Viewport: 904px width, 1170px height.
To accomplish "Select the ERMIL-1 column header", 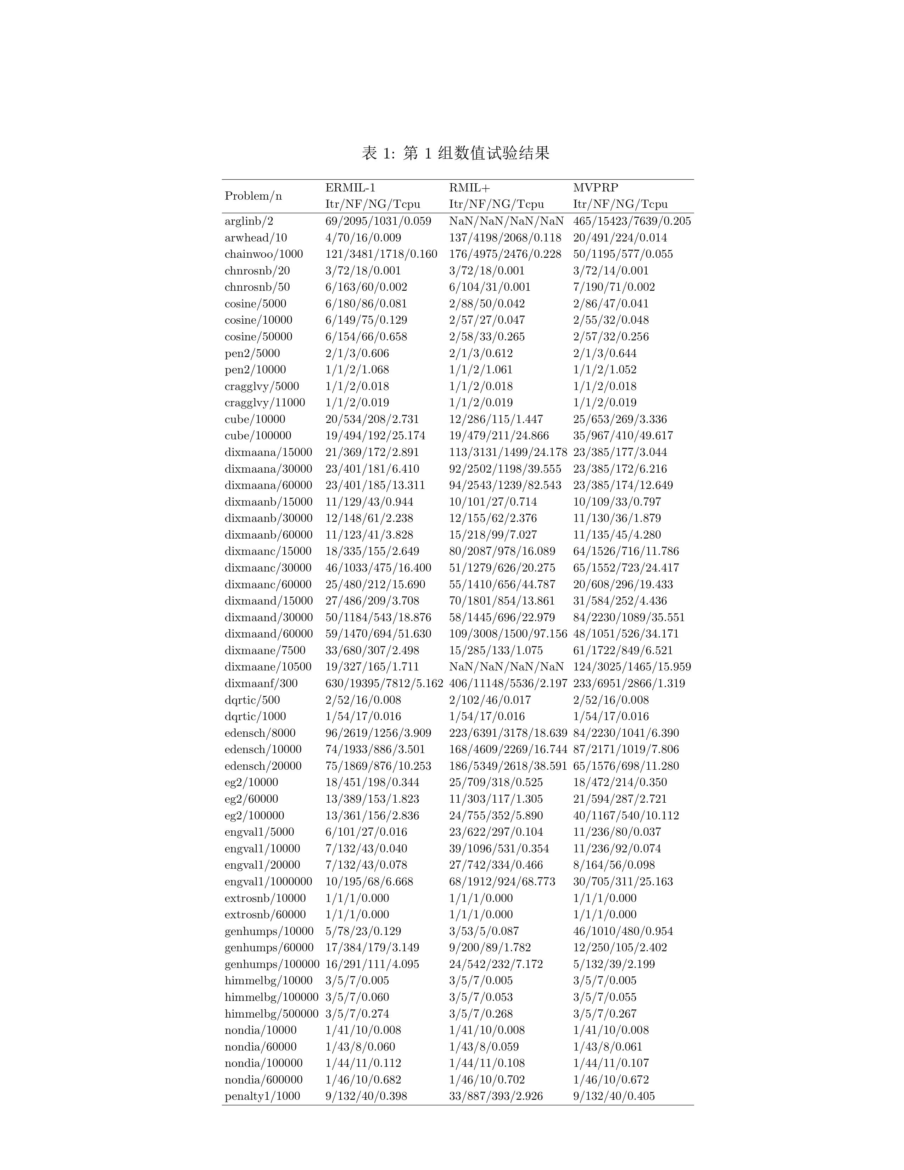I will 350,188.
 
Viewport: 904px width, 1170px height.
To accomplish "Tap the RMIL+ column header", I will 469,188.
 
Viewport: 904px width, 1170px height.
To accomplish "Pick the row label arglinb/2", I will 249,221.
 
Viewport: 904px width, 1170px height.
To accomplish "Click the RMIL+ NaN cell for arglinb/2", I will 506,221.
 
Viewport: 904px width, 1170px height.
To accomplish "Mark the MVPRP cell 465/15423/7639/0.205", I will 632,221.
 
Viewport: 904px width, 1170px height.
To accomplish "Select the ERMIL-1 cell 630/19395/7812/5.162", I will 384,684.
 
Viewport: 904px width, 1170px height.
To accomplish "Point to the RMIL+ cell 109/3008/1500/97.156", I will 508,634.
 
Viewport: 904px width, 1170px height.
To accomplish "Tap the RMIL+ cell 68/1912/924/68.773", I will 502,881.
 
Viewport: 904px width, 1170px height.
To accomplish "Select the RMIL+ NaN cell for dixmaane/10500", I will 506,667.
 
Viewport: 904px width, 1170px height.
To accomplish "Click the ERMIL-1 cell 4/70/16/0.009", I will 363,238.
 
